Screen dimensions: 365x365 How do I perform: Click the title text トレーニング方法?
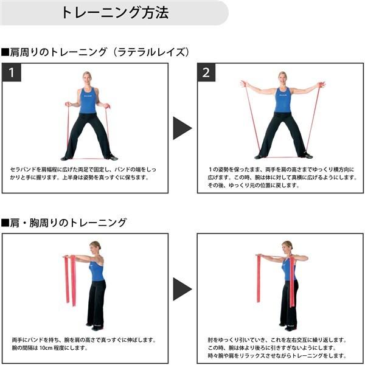coord(115,12)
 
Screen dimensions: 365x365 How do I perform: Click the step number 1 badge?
coord(12,72)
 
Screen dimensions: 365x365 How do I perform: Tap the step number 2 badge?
coord(206,72)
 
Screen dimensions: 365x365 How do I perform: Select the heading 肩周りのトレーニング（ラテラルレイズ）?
coord(96,52)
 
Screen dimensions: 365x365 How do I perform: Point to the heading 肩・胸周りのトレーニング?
coord(63,223)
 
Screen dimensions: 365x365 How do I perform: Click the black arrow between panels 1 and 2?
coord(182,128)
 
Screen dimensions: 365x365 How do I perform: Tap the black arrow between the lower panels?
coord(182,289)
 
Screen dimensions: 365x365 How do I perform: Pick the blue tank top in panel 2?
coord(283,100)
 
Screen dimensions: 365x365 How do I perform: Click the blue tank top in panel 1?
coord(88,100)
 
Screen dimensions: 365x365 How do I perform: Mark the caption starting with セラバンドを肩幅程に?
coord(83,173)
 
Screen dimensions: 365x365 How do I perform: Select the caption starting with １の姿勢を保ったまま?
coord(282,177)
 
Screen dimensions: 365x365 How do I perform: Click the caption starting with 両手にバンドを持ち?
coord(84,344)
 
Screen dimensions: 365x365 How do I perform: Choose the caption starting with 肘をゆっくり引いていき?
coord(277,348)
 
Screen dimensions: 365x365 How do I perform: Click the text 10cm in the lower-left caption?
coord(46,348)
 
